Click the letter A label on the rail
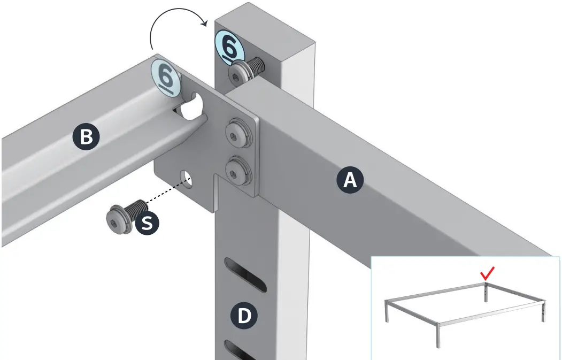tap(349, 180)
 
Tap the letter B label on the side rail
tap(86, 137)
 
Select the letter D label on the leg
tap(243, 316)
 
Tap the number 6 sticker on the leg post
tap(229, 47)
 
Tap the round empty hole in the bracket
tap(187, 178)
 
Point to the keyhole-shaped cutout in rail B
tap(192, 106)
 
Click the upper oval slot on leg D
tap(246, 274)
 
